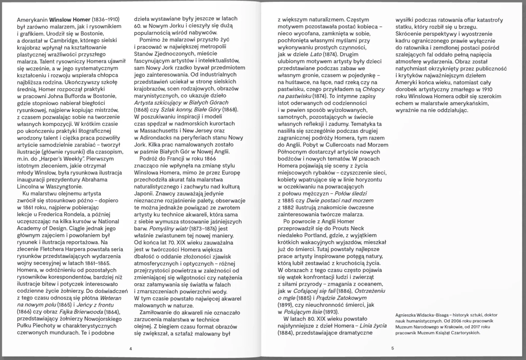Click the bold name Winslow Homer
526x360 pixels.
pos(70,20)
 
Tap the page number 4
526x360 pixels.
pos(131,349)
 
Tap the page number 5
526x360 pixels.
pos(393,349)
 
